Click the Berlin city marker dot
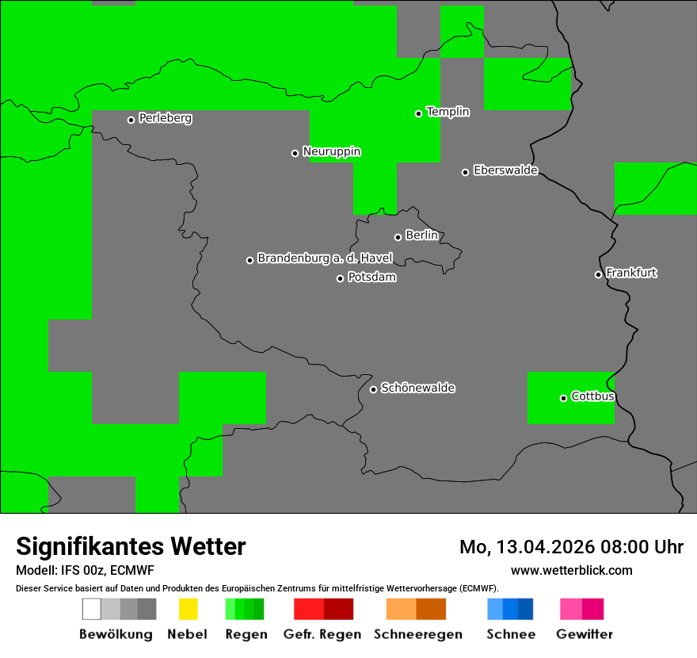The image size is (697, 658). tap(398, 237)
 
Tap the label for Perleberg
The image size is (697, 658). tap(165, 118)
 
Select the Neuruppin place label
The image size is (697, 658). tap(331, 151)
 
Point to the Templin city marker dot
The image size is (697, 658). tap(418, 113)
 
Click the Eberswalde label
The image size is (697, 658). tap(505, 170)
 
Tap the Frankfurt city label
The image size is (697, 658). tap(631, 273)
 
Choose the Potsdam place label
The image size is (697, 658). tap(371, 277)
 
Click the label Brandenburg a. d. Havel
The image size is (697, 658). tap(325, 258)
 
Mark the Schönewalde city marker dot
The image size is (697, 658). tap(373, 389)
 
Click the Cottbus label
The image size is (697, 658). tap(592, 396)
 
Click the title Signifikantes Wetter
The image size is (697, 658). tap(131, 546)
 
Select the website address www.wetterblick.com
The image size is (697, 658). tap(571, 570)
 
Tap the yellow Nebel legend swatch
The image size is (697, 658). tap(188, 609)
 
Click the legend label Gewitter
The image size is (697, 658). tap(584, 634)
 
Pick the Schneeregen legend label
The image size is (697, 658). tap(417, 634)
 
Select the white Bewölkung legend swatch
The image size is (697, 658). tap(91, 609)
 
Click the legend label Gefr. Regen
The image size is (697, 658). tap(322, 634)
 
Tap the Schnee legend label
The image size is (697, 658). tap(511, 634)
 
